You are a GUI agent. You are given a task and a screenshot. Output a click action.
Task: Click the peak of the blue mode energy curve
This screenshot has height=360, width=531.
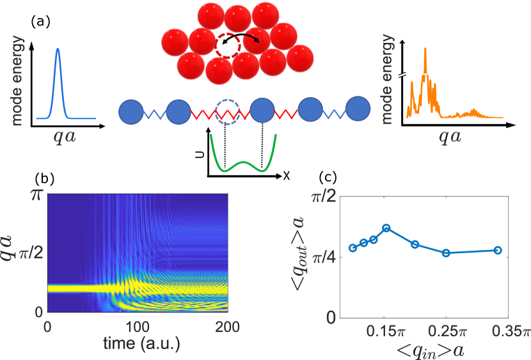tap(58, 49)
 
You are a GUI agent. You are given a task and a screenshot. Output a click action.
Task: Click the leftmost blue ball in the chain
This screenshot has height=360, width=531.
tap(131, 111)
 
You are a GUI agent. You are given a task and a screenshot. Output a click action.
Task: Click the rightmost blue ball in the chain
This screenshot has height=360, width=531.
tap(358, 111)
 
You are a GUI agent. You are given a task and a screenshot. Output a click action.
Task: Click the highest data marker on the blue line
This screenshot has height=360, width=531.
tap(386, 228)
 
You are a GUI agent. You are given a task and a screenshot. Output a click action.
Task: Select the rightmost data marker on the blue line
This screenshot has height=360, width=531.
tap(498, 250)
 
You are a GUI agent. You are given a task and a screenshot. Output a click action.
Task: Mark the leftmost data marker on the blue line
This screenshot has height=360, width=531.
tap(353, 247)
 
